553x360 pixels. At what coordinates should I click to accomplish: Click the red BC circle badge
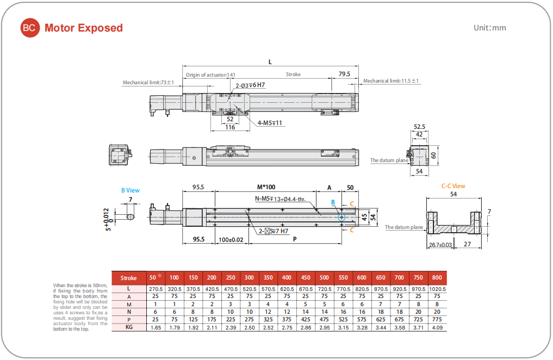coord(30,28)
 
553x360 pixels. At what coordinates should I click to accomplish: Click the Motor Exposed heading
coord(84,28)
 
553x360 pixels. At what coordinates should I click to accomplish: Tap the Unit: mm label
coord(489,28)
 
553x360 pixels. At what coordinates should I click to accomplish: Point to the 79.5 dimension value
coord(344,74)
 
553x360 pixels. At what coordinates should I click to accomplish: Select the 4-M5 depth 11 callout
coord(271,123)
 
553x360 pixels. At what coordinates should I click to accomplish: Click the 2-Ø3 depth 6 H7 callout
coord(250,85)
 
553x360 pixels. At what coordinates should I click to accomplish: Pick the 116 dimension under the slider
coord(230,127)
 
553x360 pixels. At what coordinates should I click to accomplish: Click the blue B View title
coord(130,190)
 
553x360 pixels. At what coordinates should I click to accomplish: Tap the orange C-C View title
coord(453,186)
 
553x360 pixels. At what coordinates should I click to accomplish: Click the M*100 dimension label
coord(266,187)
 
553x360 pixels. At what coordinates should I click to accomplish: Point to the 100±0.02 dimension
coord(231,239)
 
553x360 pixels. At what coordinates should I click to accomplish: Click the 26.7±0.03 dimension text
coord(440,245)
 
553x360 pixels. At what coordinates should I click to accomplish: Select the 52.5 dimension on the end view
coord(419,127)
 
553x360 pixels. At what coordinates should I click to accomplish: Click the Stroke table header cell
coord(129,278)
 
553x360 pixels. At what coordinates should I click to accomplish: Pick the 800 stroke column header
coord(437,278)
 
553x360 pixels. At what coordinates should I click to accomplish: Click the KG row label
coord(129,327)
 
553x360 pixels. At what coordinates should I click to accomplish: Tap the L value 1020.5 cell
coord(437,288)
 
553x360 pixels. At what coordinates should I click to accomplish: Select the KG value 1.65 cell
coord(156,327)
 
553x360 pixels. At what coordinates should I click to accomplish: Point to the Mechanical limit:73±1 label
coord(148,83)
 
